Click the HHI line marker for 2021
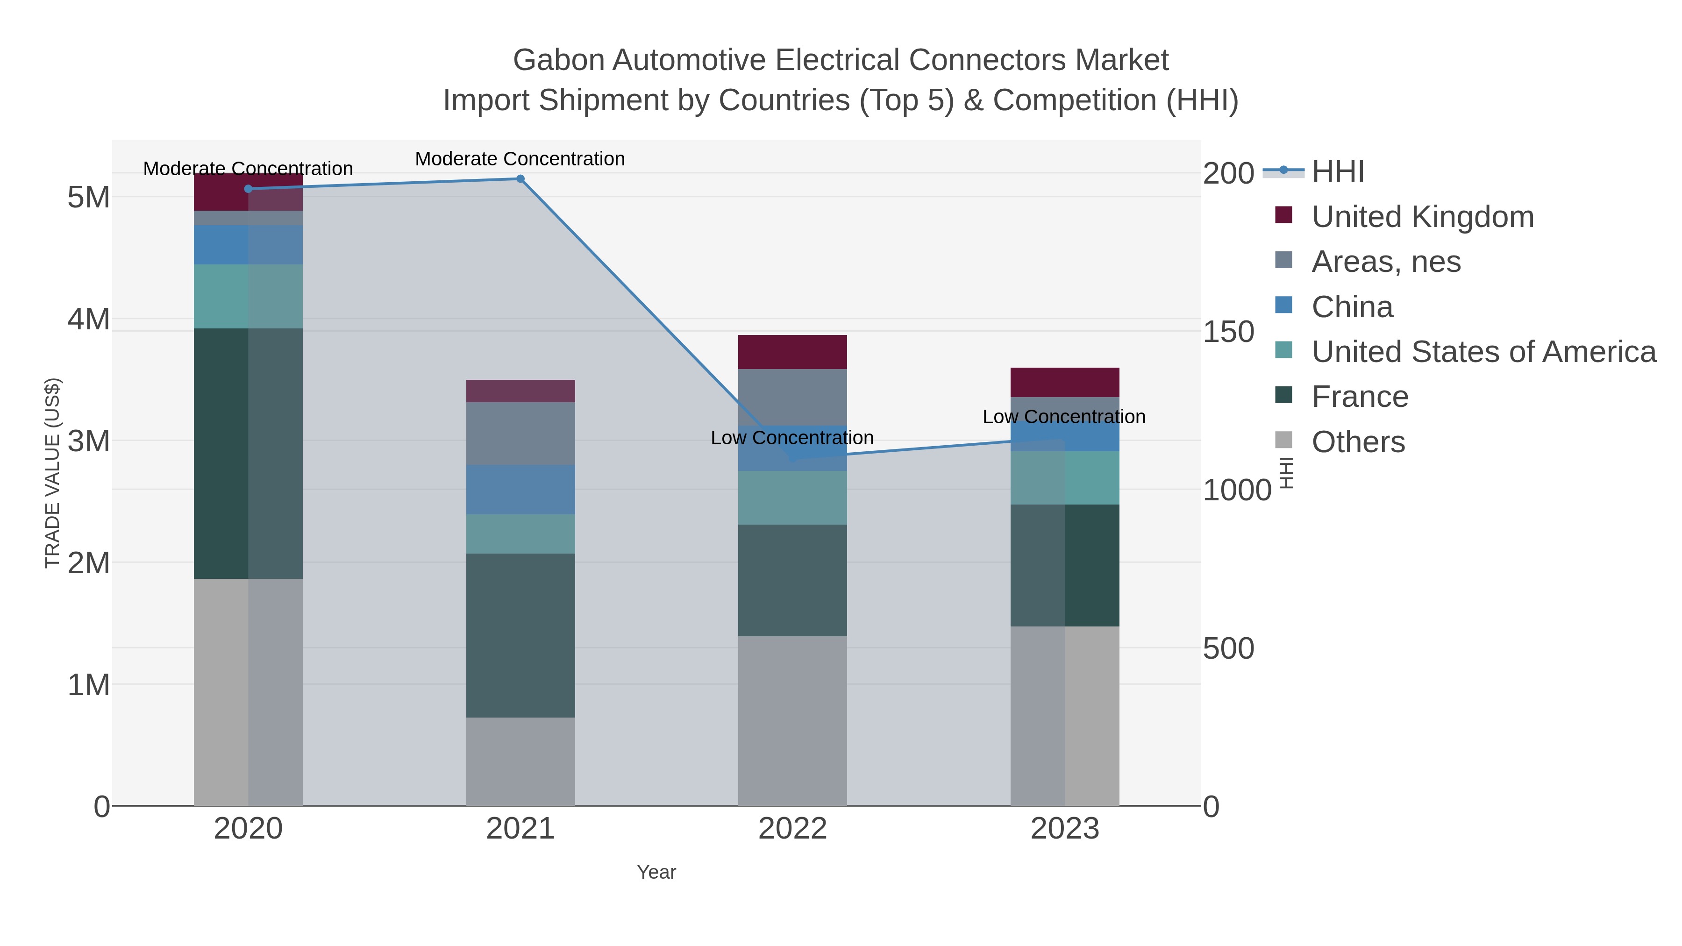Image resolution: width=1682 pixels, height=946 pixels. click(x=520, y=179)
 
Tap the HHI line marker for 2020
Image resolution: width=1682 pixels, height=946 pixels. click(x=248, y=189)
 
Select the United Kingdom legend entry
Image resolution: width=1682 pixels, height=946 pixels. click(x=1422, y=217)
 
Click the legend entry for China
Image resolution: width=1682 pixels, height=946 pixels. click(x=1352, y=307)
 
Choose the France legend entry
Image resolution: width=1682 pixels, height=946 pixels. click(x=1360, y=397)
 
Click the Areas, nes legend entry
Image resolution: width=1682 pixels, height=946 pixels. click(x=1386, y=262)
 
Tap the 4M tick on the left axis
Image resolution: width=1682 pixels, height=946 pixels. click(x=89, y=319)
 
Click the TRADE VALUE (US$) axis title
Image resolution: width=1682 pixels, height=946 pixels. click(x=53, y=473)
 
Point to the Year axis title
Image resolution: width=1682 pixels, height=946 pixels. click(x=656, y=872)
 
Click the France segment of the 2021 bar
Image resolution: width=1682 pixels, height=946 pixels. click(x=520, y=635)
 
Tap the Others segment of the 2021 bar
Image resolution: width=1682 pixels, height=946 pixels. click(x=520, y=761)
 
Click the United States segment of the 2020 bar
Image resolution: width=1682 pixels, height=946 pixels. click(x=248, y=296)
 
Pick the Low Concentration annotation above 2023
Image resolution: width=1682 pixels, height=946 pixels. click(x=1064, y=417)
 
